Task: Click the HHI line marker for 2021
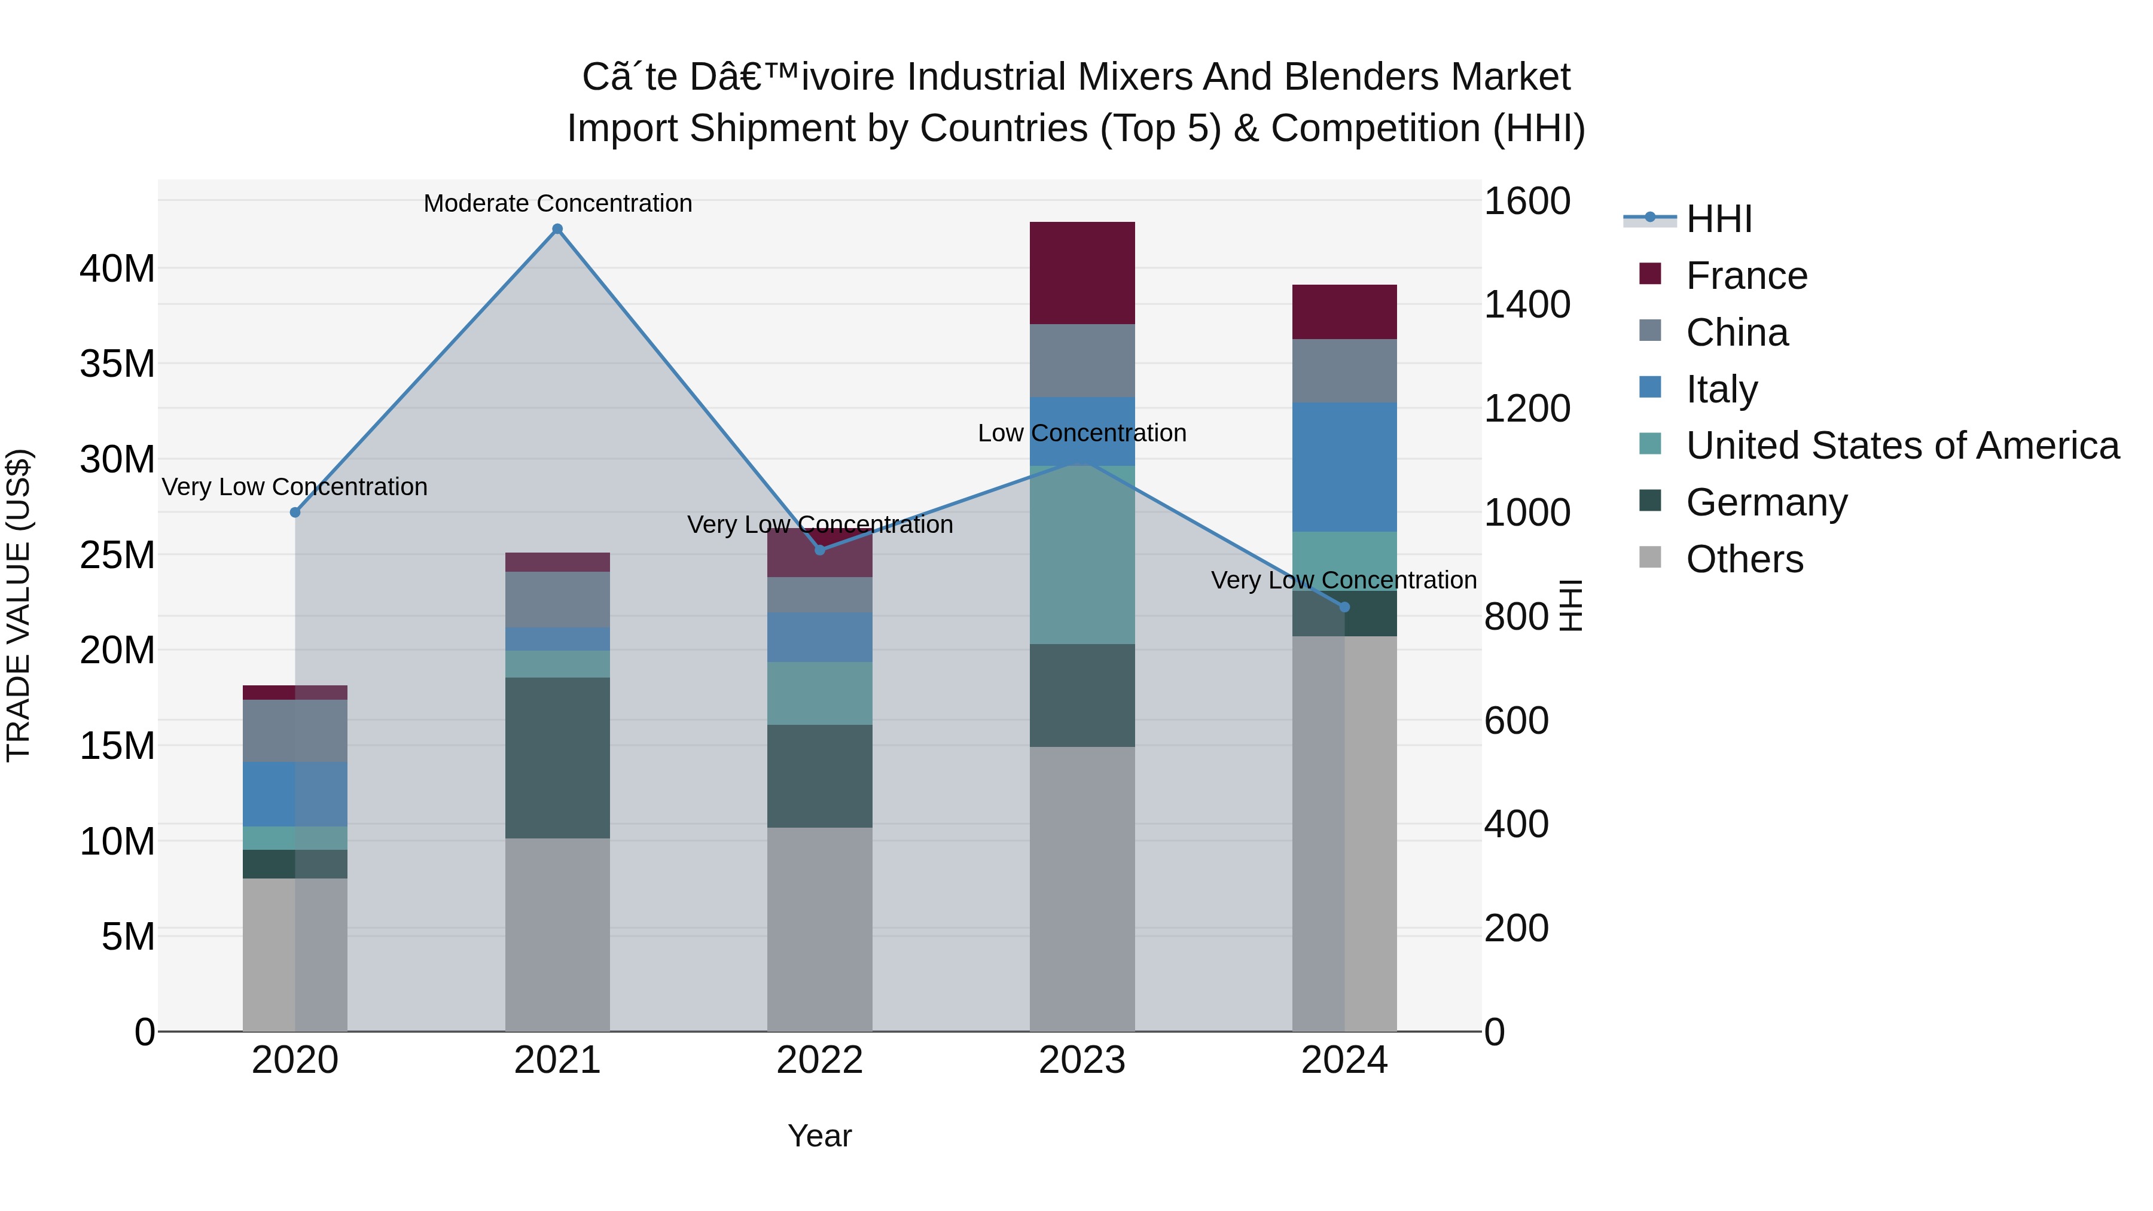pos(557,229)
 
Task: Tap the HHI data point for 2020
pos(295,513)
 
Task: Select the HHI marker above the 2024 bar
pos(1344,607)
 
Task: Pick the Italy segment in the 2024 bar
pos(1344,467)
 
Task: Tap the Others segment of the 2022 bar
pos(819,929)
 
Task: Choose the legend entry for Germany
pos(1766,502)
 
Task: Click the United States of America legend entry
pos(1901,446)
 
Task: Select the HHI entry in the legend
pos(1718,219)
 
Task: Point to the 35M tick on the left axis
pos(117,364)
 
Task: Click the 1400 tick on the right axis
pos(1526,305)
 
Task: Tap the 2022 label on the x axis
pos(819,1060)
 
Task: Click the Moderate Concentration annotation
pos(557,203)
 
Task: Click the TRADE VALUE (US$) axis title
pos(19,605)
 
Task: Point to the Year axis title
pos(819,1136)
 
